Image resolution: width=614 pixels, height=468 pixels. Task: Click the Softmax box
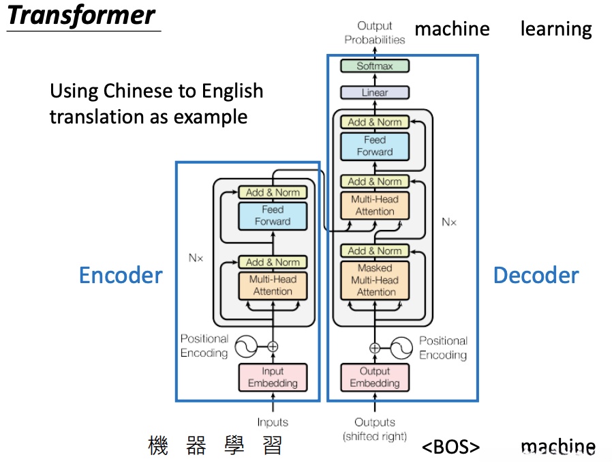point(375,66)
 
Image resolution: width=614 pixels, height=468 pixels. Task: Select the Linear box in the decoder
point(375,92)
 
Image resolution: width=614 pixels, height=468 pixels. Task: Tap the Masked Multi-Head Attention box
point(375,280)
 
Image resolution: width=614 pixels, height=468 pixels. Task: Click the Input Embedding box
point(273,377)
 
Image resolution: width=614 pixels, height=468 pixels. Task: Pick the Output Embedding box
point(375,377)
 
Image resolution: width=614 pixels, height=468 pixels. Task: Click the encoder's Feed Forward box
point(273,216)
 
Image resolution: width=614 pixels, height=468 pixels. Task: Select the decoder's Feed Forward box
point(375,146)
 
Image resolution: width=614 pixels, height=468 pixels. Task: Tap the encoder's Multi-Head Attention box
point(273,285)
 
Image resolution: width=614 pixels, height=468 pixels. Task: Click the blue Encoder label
point(121,276)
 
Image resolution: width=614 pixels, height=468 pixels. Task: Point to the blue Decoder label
point(536,276)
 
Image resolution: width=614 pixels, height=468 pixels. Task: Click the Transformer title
point(82,15)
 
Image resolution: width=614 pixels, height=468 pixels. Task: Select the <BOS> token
point(450,448)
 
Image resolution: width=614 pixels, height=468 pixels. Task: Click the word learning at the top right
point(556,29)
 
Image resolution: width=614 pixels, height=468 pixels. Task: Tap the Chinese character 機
point(158,446)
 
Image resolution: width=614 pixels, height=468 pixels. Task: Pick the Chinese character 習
point(272,446)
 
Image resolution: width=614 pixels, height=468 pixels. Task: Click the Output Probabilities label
point(375,33)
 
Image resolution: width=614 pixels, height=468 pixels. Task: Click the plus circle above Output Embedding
point(375,348)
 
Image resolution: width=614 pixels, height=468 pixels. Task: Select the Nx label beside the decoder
point(449,222)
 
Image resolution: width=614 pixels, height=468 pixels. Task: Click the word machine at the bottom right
point(557,448)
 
